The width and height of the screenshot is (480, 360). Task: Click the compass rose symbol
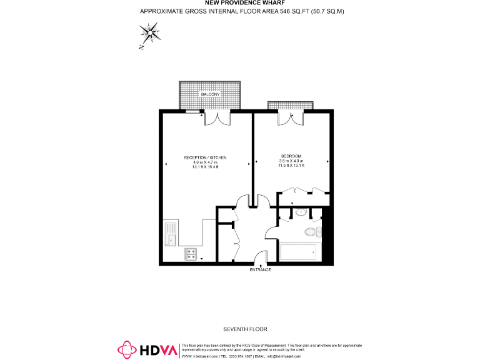[x=150, y=34]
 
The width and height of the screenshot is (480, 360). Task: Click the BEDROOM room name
[x=291, y=156]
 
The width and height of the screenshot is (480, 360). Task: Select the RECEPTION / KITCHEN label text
[x=205, y=157]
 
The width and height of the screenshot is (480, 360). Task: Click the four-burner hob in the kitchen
[x=191, y=254]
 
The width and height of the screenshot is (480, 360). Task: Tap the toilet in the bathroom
[x=311, y=232]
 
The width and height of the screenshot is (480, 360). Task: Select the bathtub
[x=299, y=252]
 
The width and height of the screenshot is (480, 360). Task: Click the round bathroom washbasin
[x=300, y=212]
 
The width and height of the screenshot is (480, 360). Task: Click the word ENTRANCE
[x=261, y=269]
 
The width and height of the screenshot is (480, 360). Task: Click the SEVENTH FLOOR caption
[x=241, y=329]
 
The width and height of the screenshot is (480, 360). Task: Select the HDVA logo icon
[x=128, y=350]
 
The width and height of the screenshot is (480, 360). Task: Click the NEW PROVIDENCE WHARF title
[x=240, y=3]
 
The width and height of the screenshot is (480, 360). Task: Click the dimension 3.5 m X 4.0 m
[x=291, y=161]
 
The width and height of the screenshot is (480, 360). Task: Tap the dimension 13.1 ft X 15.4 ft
[x=205, y=167]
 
